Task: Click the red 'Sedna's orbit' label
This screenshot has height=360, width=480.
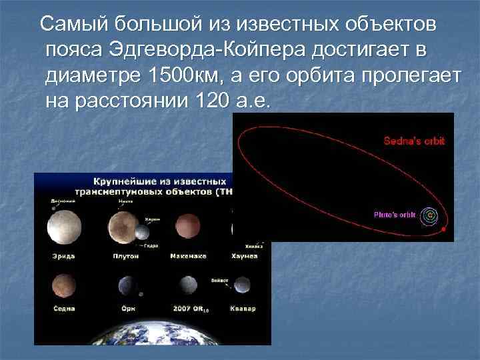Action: tap(413, 141)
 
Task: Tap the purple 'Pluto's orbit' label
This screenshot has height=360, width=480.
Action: tap(394, 215)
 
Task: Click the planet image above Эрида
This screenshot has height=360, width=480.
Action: tap(63, 227)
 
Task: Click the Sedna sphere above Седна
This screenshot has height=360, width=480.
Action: tap(63, 285)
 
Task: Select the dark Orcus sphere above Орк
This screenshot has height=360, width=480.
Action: tap(127, 286)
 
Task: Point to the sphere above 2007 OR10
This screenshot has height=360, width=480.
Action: tap(187, 286)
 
